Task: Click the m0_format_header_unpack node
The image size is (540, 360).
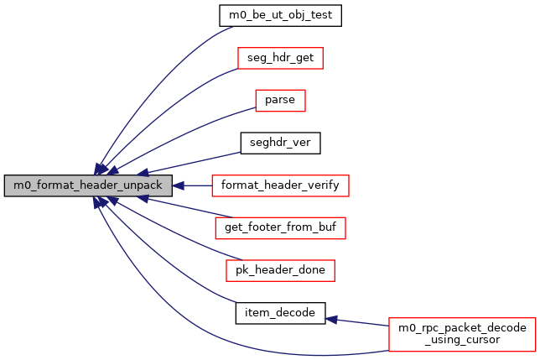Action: pyautogui.click(x=88, y=185)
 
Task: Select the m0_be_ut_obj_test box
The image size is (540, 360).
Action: pyautogui.click(x=280, y=16)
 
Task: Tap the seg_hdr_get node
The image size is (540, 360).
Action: pyautogui.click(x=280, y=58)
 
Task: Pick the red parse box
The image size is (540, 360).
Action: pyautogui.click(x=280, y=101)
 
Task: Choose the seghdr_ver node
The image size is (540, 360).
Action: pyautogui.click(x=280, y=143)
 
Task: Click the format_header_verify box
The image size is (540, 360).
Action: pyautogui.click(x=280, y=185)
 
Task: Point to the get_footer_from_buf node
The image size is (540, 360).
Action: pyautogui.click(x=280, y=227)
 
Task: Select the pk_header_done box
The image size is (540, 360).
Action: pyautogui.click(x=280, y=270)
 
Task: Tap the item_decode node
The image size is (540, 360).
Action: pyautogui.click(x=280, y=312)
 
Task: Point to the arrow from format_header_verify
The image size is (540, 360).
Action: pyautogui.click(x=192, y=185)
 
